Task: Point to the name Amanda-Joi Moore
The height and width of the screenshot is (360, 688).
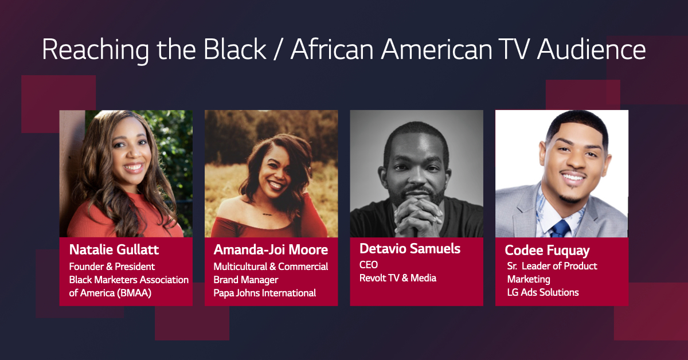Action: (x=271, y=250)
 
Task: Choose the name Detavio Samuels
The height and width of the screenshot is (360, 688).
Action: (x=410, y=249)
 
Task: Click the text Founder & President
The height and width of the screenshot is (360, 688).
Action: (x=112, y=267)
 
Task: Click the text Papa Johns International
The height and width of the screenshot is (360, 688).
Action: (x=264, y=293)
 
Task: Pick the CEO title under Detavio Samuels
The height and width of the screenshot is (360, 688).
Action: (x=369, y=265)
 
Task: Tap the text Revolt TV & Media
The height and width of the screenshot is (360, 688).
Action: (x=397, y=278)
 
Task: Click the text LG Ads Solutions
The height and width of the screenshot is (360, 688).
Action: (x=543, y=292)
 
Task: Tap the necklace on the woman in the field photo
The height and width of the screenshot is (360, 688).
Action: (x=267, y=215)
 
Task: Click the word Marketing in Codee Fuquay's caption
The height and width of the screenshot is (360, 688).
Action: (x=529, y=279)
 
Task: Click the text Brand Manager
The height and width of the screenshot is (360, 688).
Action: (x=245, y=280)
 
